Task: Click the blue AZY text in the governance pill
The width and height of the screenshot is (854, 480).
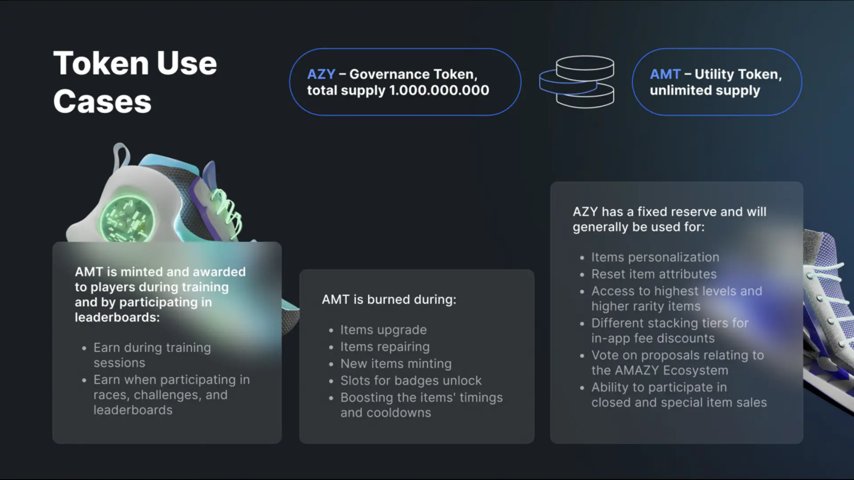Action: pyautogui.click(x=321, y=74)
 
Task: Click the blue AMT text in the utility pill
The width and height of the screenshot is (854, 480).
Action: pyautogui.click(x=665, y=74)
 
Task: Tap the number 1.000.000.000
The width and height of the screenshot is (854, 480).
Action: pyautogui.click(x=439, y=90)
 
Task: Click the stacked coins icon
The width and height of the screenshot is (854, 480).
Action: pyautogui.click(x=577, y=82)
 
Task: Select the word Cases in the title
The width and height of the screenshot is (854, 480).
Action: pyautogui.click(x=102, y=101)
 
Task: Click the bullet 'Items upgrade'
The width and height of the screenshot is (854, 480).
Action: pyautogui.click(x=383, y=330)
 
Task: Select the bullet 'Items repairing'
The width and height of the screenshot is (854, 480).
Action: pyautogui.click(x=385, y=347)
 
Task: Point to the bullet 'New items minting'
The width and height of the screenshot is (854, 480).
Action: pyautogui.click(x=395, y=364)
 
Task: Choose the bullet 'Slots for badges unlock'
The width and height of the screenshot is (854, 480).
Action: pyautogui.click(x=411, y=380)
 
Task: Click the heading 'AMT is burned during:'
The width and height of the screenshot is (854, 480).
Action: pyautogui.click(x=389, y=300)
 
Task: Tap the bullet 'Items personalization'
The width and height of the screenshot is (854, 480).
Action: pyautogui.click(x=655, y=257)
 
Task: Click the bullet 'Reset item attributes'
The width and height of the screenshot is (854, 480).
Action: pyautogui.click(x=653, y=274)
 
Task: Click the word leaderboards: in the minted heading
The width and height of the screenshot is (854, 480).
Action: pyautogui.click(x=117, y=317)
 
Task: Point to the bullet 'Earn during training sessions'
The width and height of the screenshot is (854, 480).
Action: pyautogui.click(x=152, y=355)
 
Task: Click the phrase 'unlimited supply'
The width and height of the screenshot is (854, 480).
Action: pyautogui.click(x=705, y=90)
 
